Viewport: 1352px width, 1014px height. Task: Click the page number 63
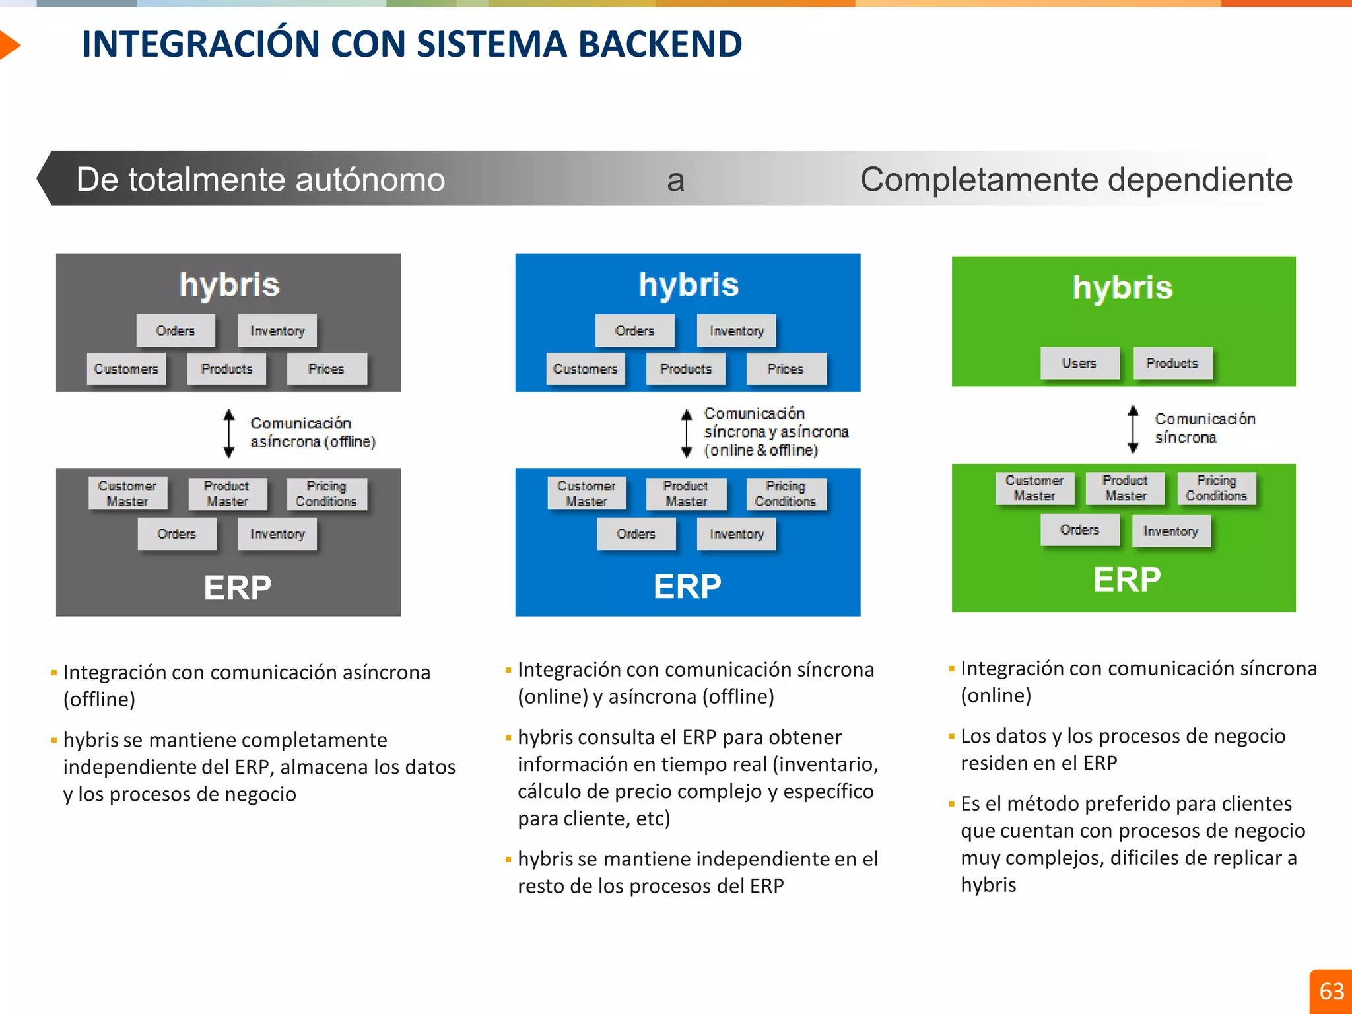coord(1331,991)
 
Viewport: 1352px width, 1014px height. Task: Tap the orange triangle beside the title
coord(9,45)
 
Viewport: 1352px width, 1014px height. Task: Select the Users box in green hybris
coord(1079,363)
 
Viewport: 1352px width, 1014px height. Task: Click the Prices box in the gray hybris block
coord(326,368)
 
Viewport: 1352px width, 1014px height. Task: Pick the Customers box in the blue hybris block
coord(586,368)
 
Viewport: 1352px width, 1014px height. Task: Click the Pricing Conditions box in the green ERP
coord(1216,489)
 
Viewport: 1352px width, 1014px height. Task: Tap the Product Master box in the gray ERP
coord(226,494)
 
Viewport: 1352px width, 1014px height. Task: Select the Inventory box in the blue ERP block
coord(736,533)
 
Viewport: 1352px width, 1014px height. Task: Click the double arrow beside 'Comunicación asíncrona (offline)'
coord(229,433)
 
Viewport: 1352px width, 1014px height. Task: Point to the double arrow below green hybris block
coord(1133,429)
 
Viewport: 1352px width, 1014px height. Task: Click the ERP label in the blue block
coord(687,586)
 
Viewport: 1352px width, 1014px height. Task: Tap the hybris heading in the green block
coord(1122,288)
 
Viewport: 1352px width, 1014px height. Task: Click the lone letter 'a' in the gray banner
coord(675,180)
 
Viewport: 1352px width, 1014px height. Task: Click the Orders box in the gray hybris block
coord(176,331)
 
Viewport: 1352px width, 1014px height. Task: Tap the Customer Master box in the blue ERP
coord(586,494)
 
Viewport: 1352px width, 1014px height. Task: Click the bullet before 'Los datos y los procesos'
coord(951,736)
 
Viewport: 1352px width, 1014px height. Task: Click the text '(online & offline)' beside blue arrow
coord(760,450)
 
